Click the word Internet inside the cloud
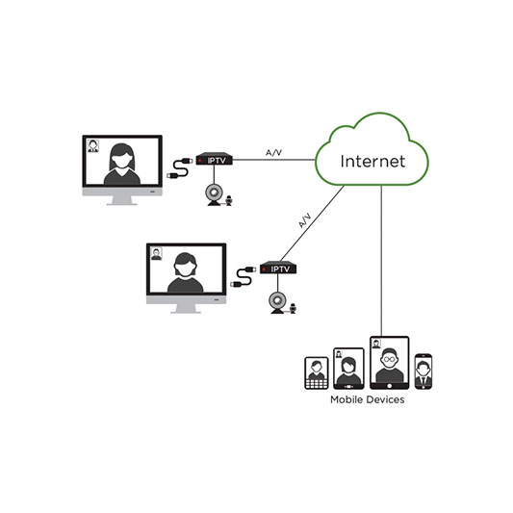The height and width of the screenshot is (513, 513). pos(372,161)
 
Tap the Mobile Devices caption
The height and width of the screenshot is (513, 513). pos(367,399)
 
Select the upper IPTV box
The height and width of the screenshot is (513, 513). pos(214,159)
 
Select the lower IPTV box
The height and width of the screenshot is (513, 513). pos(278,268)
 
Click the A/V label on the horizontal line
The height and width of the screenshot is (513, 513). pos(274,152)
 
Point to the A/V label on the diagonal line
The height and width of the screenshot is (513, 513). pos(304,220)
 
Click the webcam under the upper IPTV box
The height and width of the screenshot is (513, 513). pos(214,195)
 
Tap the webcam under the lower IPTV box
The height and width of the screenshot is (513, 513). pos(277,303)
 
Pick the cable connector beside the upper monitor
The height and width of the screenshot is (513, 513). pos(179,167)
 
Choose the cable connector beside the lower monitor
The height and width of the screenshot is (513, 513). pos(244,277)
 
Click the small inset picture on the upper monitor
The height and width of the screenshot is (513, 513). pos(93,146)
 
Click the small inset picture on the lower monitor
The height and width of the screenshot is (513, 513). pos(156,254)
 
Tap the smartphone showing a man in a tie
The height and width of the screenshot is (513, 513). pos(423,372)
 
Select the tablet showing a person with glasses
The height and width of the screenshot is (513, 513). pos(390,363)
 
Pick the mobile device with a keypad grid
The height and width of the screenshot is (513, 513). pos(317,373)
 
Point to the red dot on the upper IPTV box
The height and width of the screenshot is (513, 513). pos(200,161)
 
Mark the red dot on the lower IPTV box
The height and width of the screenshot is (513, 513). pos(264,269)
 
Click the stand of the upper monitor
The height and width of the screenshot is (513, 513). pos(121,200)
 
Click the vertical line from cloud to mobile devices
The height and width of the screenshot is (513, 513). pos(381,261)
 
